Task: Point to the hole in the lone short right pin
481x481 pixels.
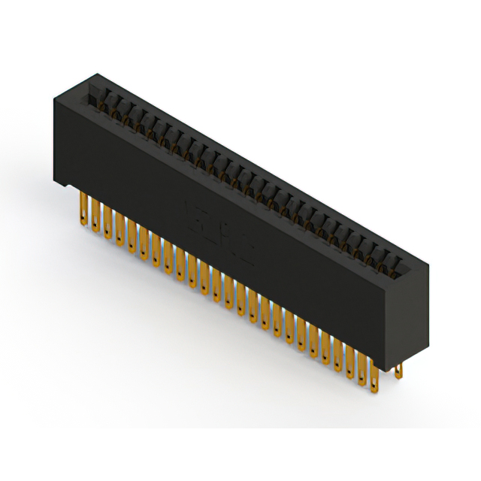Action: (x=398, y=369)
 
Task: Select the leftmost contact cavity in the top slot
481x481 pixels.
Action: (x=97, y=94)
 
